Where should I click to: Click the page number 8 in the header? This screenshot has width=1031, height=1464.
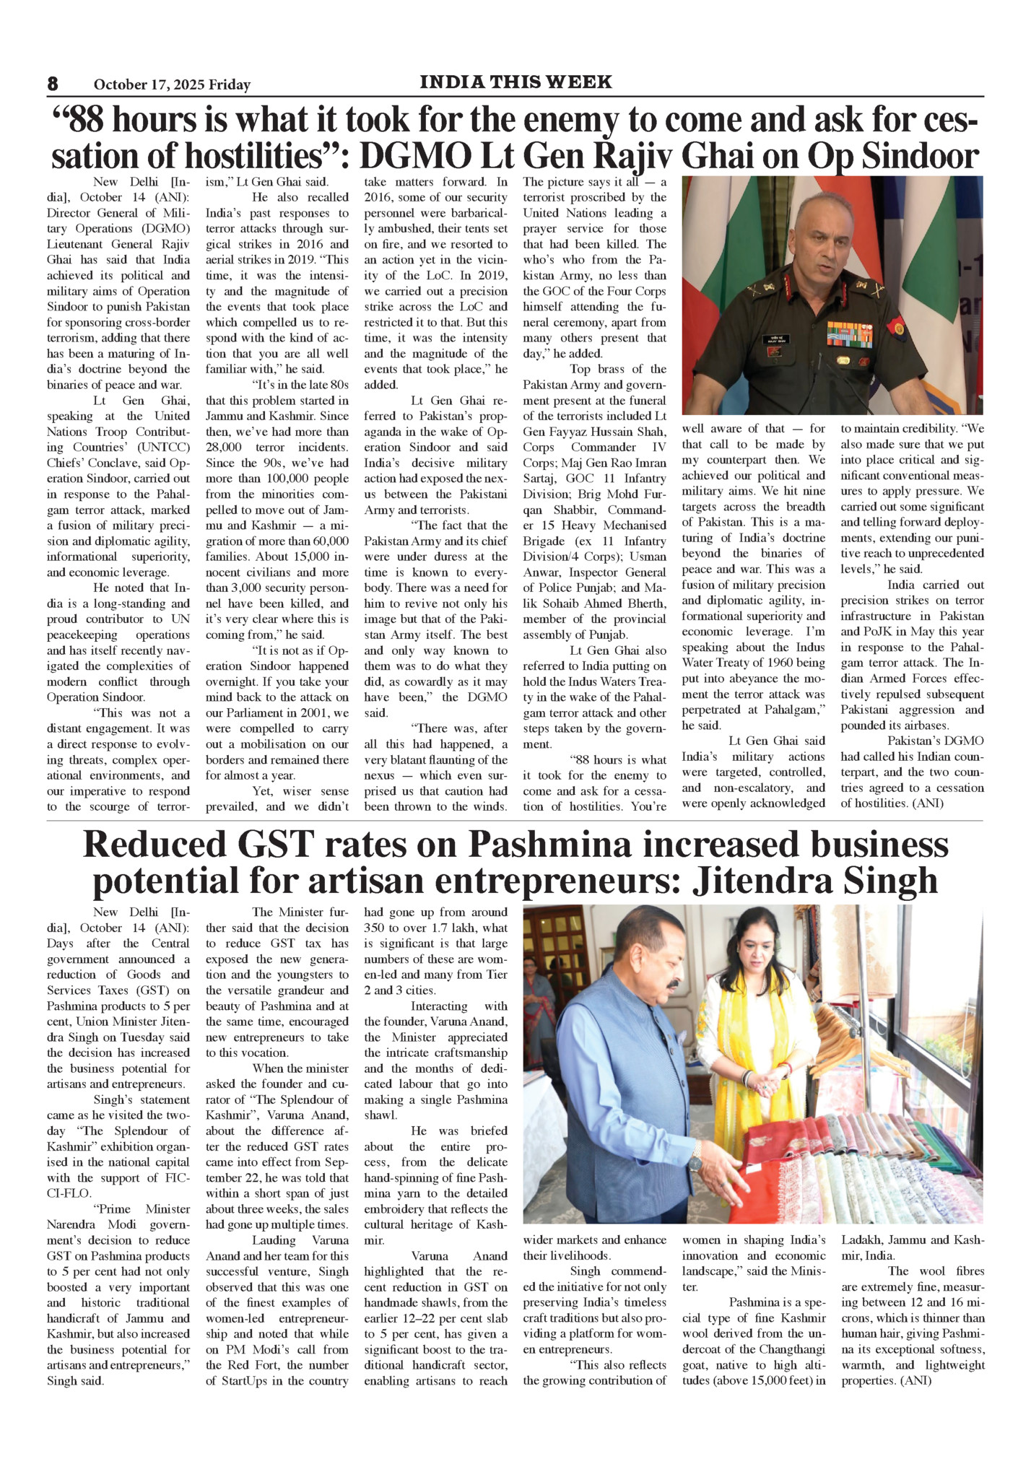[x=53, y=84]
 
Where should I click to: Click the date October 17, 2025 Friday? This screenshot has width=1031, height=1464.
[x=172, y=84]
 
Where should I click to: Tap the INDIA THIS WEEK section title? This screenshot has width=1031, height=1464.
[x=515, y=82]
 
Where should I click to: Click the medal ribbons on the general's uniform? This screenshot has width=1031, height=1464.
[x=849, y=334]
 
